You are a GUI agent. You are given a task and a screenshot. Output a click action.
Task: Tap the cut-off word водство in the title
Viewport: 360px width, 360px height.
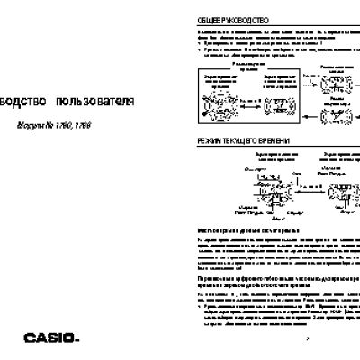(x=23, y=102)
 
